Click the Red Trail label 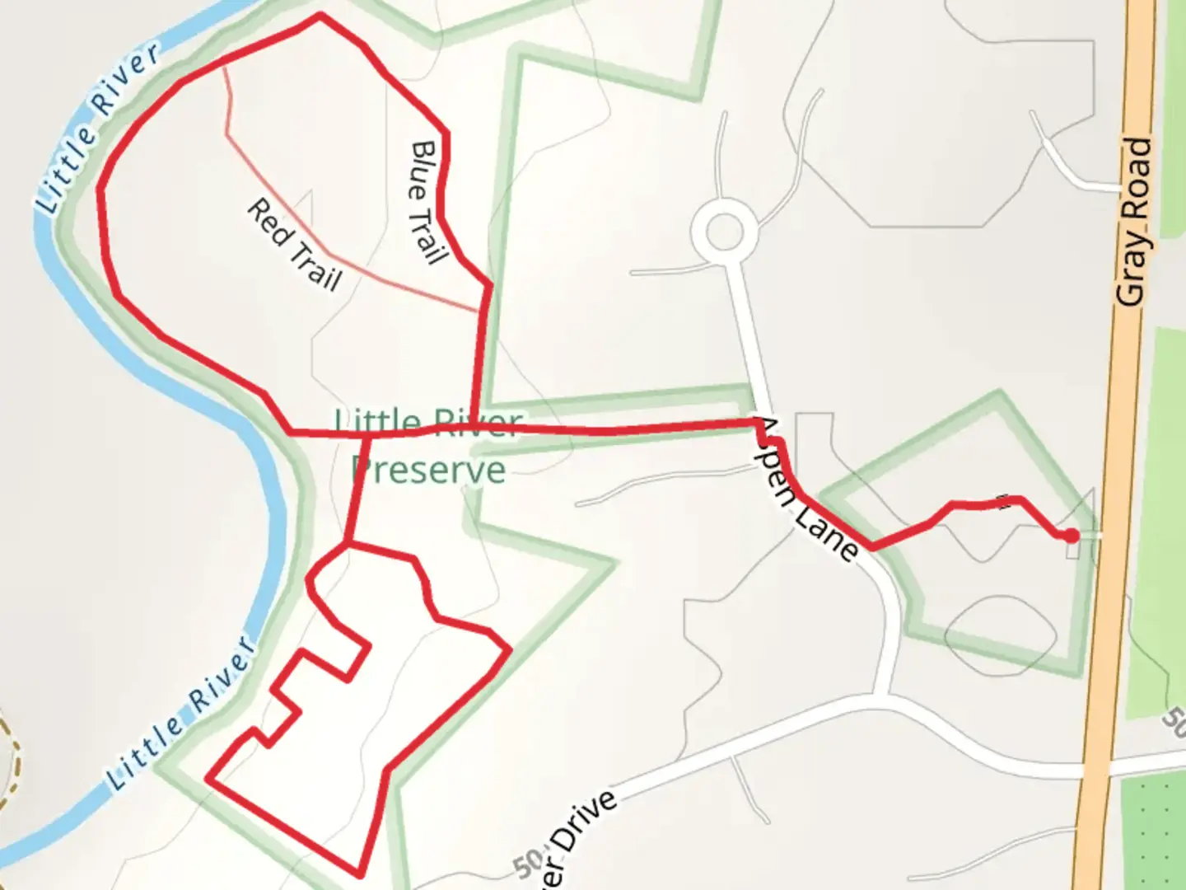(x=294, y=245)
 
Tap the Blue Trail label (x=427, y=202)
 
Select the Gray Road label (x=1136, y=222)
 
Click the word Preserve (x=428, y=471)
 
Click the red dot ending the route (x=1071, y=536)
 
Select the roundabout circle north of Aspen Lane (x=724, y=232)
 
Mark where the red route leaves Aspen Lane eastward (x=871, y=546)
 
